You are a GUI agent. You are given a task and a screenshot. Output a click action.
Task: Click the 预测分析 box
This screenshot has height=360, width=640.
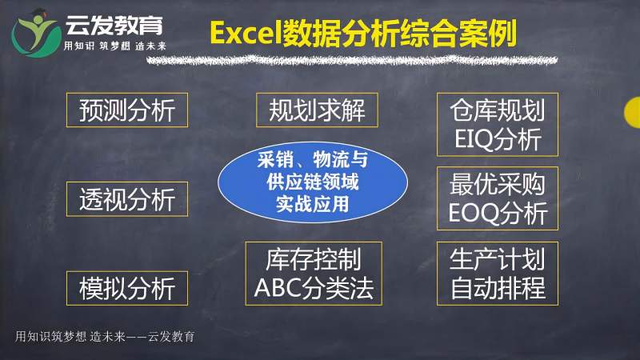126,110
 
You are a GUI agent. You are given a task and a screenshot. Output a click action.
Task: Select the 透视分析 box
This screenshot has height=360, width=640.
126,198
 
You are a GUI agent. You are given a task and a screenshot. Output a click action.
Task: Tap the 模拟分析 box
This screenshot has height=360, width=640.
126,287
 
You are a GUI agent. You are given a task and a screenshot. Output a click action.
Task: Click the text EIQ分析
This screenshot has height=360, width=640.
497,139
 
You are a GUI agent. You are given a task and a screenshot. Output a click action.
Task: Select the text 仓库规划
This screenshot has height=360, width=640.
497,110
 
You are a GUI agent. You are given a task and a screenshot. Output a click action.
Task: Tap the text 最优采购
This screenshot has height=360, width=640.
497,184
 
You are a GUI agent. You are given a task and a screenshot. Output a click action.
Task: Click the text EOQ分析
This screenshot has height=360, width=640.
497,213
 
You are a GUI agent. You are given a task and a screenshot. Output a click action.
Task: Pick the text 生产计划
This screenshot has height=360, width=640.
497,259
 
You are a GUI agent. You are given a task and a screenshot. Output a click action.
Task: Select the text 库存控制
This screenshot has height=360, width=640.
313,259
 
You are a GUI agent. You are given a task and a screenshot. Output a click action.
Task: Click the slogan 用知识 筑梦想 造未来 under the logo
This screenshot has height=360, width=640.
121,46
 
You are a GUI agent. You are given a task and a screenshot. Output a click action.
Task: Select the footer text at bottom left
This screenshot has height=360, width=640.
105,336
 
